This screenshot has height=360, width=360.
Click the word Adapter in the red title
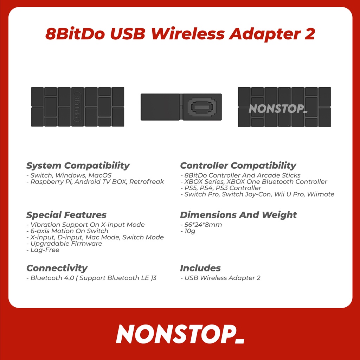pos(265,34)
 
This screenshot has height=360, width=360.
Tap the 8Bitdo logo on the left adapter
pos(77,107)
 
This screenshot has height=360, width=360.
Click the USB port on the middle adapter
pos(202,107)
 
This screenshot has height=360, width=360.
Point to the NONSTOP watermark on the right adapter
pos(278,109)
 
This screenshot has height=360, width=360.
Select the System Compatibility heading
pos(78,166)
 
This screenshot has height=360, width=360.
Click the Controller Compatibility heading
pos(238,166)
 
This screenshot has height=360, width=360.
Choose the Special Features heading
pos(66,215)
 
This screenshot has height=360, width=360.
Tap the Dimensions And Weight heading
pos(238,215)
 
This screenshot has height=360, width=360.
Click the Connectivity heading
pos(57,268)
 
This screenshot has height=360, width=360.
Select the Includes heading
pos(200,268)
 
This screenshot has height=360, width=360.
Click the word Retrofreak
pos(147,182)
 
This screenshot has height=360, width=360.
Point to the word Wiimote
pos(321,194)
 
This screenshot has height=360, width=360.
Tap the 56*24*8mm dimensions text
pos(203,225)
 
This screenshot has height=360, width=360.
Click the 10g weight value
pos(190,231)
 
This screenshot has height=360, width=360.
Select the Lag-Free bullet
pos(43,250)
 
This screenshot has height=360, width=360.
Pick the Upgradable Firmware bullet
pos(64,244)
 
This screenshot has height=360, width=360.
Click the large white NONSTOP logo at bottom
pos(180,334)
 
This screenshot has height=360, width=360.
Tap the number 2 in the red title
pos(310,34)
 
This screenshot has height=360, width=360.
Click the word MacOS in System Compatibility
pos(100,175)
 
